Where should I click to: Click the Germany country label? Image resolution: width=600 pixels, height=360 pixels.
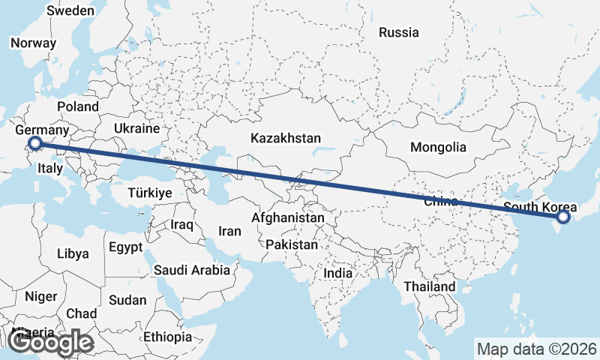point(42,130)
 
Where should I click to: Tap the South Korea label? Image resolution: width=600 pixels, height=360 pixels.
point(540,208)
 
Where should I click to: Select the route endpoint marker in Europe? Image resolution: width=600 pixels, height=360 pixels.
point(34,143)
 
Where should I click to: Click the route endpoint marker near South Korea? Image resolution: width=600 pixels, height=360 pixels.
point(564,217)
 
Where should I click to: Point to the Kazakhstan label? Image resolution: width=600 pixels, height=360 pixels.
point(286,139)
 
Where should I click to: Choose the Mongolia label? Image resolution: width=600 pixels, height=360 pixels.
point(438,148)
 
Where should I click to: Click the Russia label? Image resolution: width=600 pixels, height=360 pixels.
point(398,32)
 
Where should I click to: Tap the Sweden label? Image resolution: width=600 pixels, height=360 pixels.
point(70,11)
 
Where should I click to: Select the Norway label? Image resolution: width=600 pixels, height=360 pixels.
point(33,43)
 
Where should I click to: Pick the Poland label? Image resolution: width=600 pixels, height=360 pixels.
point(77,107)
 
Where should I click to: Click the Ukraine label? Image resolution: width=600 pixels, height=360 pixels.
point(137,129)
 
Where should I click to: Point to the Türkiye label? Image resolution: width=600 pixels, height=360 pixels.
point(150,193)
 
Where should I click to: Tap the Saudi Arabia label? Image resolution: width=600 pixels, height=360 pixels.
point(191,270)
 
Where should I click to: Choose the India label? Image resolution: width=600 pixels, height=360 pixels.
point(337,274)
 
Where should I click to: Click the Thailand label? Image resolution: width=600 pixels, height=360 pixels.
point(429,286)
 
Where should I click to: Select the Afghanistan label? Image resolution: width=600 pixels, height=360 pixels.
point(288,218)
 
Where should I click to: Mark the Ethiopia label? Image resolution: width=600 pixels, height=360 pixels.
point(168,337)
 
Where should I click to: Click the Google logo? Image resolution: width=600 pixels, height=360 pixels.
point(51,343)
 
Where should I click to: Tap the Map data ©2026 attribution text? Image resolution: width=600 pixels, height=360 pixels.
point(537,349)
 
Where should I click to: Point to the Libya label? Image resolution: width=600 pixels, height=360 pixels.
point(73,254)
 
